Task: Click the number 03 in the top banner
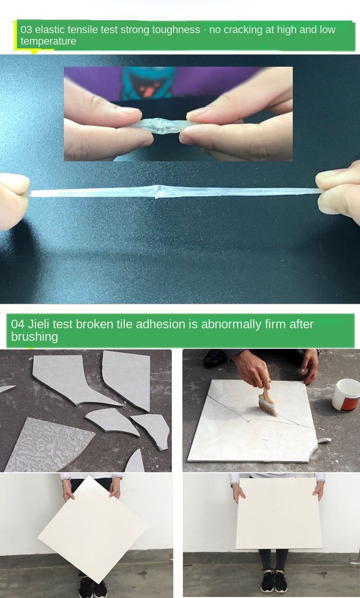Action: (x=26, y=29)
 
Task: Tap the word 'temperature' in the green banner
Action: (x=48, y=41)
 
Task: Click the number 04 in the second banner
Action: (x=18, y=324)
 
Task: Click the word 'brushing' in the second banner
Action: (x=35, y=336)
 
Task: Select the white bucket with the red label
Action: (x=347, y=395)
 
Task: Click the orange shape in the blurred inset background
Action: (x=148, y=91)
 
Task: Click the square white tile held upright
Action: (x=279, y=514)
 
